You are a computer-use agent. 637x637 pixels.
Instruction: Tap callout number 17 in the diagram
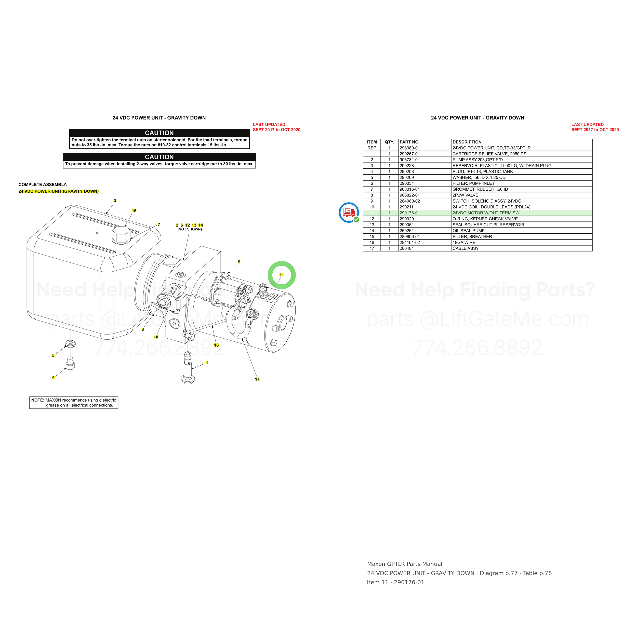[257, 379]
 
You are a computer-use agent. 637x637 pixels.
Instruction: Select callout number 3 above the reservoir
[115, 201]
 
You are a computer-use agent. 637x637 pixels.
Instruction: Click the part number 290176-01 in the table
[410, 213]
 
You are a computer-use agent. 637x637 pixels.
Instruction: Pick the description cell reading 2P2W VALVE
[465, 195]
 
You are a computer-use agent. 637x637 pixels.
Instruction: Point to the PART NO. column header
[409, 142]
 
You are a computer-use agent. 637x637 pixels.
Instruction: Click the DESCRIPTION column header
[467, 142]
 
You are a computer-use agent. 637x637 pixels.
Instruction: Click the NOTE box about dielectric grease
[74, 403]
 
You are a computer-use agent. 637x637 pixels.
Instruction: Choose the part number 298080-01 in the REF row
[410, 148]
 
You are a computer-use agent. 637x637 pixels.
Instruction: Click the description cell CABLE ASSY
[466, 248]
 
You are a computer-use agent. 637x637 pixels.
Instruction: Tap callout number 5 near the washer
[53, 355]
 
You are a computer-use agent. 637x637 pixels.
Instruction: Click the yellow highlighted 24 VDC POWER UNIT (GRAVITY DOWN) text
[58, 191]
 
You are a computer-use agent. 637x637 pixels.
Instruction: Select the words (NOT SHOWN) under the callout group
[190, 229]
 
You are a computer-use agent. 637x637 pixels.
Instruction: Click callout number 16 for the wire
[216, 345]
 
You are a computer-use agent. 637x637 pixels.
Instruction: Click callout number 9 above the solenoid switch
[239, 262]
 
